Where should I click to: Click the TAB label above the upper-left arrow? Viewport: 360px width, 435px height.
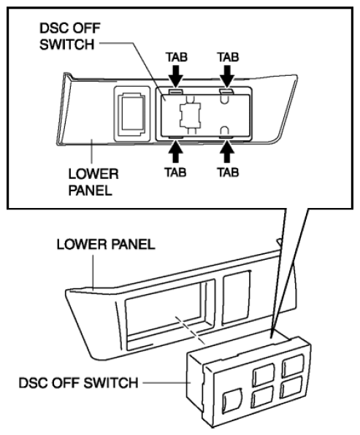pos(177,57)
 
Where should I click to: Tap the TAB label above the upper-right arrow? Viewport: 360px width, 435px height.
pos(228,57)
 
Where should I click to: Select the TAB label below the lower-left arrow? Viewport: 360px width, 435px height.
pos(175,172)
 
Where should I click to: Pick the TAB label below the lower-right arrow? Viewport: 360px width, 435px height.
pos(228,172)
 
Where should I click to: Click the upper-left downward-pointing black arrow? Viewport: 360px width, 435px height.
pos(176,76)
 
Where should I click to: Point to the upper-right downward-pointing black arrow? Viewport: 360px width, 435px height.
pos(227,76)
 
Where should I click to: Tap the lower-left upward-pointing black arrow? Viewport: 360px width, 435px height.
pos(175,151)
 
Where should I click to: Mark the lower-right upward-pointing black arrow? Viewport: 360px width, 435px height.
pos(227,151)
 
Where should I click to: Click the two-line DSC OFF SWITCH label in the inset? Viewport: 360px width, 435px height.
pos(69,36)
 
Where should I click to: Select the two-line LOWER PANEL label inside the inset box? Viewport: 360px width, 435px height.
pos(93,182)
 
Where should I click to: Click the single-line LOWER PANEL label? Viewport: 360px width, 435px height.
pos(106,244)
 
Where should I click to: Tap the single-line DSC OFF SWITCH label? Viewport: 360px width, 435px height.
pos(78,382)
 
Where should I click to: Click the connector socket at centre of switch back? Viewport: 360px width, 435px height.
pos(191,115)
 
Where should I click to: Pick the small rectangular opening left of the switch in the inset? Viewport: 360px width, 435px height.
pos(132,114)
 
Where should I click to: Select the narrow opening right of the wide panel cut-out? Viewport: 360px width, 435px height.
pos(236,297)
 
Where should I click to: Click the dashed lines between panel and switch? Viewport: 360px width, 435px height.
pos(190,330)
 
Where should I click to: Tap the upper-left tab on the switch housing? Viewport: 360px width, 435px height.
pos(176,91)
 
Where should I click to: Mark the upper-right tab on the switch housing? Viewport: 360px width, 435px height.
pos(226,91)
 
